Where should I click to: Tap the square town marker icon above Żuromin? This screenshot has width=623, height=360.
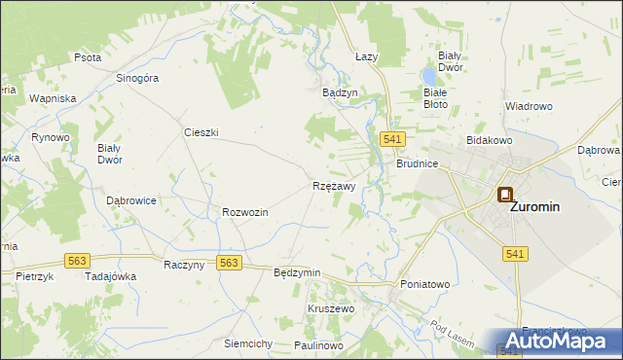click(505, 195)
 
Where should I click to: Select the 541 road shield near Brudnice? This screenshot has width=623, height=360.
click(393, 140)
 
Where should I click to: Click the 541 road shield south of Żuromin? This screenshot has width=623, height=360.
click(516, 254)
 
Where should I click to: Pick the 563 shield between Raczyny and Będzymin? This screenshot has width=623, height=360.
click(229, 263)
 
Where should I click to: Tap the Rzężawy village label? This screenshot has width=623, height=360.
click(334, 185)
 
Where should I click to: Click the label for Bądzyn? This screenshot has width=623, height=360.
click(340, 92)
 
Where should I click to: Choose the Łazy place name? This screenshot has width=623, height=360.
click(366, 57)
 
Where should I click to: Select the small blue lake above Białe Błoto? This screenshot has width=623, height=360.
click(429, 75)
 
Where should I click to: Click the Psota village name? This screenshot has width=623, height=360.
click(88, 57)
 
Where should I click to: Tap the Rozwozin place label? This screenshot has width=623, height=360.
click(245, 212)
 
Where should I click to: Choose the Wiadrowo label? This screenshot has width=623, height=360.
click(529, 105)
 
